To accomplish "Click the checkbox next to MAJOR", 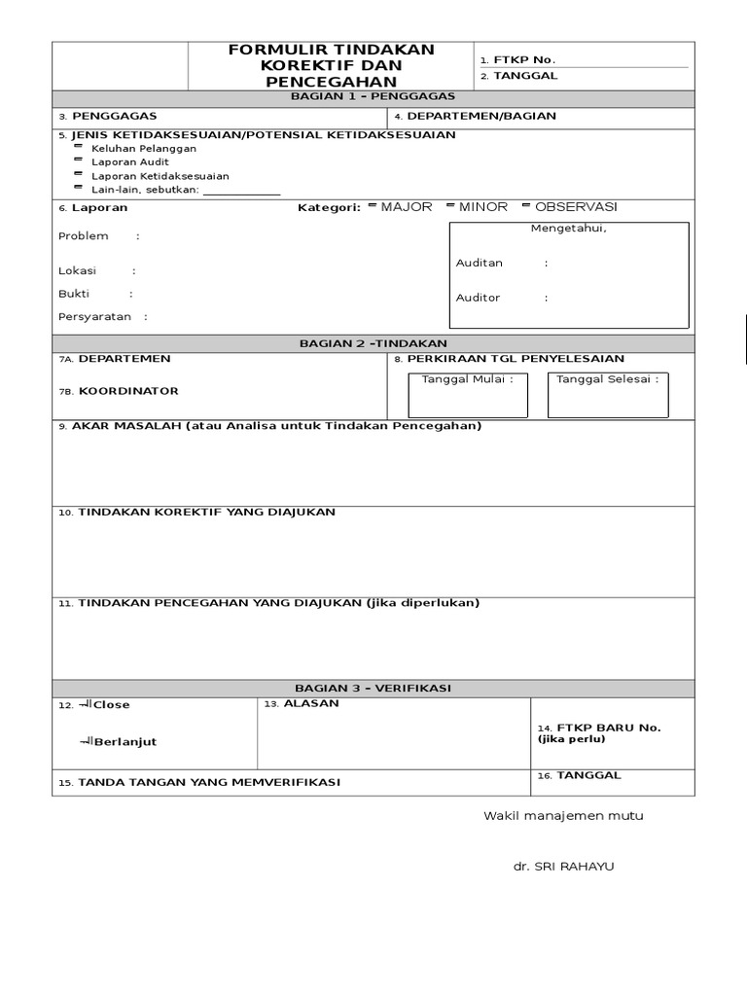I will (x=373, y=206).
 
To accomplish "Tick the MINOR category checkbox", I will (x=450, y=206).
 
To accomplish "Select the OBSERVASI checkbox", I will (x=526, y=206).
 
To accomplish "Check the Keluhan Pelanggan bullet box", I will (x=78, y=148).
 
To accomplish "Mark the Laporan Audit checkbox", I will (x=78, y=161).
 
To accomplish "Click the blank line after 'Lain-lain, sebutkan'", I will (x=241, y=191).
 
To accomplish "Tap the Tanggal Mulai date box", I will (x=469, y=396).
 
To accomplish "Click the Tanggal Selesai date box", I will (x=606, y=396).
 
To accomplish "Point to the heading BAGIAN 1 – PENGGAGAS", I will (x=373, y=97).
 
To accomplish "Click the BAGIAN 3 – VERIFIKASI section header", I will (x=373, y=688).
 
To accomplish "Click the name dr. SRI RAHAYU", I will (x=564, y=867).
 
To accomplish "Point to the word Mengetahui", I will (x=568, y=229).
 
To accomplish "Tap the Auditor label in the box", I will (x=478, y=298).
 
